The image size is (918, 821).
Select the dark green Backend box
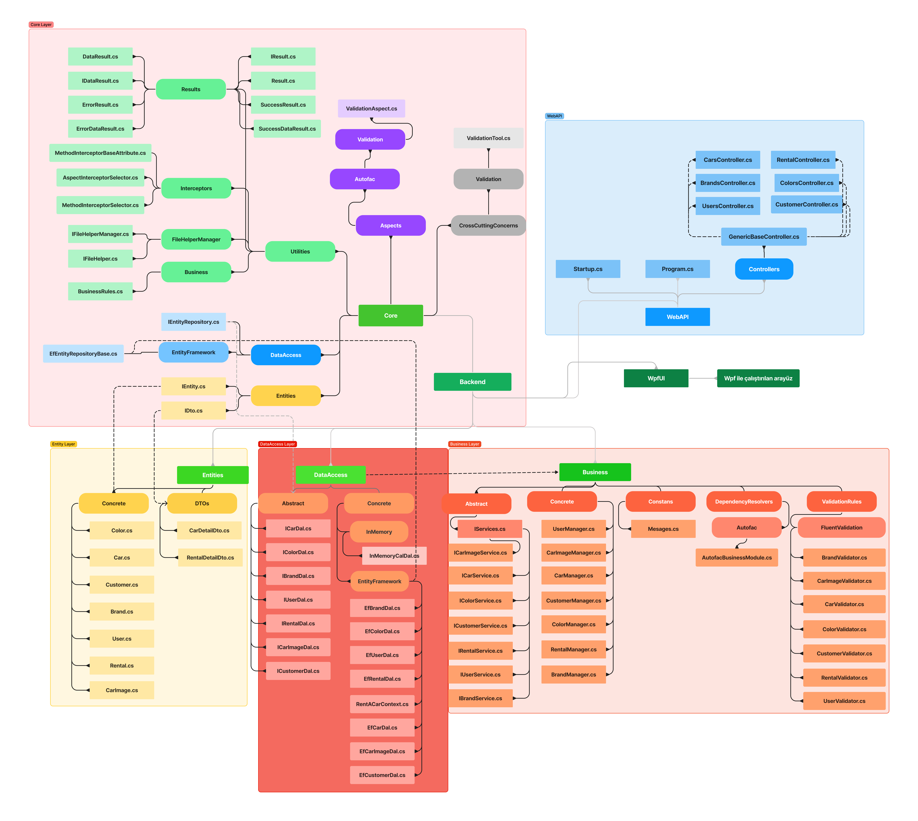click(x=472, y=382)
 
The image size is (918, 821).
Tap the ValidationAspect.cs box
click(x=371, y=108)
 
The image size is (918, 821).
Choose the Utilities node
click(x=300, y=251)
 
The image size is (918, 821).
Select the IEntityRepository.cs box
click(x=194, y=322)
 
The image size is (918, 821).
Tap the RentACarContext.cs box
click(x=382, y=704)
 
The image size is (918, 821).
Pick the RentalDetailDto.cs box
click(x=210, y=558)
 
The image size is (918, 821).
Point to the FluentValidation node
click(x=841, y=527)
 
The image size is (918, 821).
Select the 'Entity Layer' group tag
click(x=64, y=444)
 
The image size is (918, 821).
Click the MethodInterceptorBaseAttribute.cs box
click(x=100, y=153)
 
